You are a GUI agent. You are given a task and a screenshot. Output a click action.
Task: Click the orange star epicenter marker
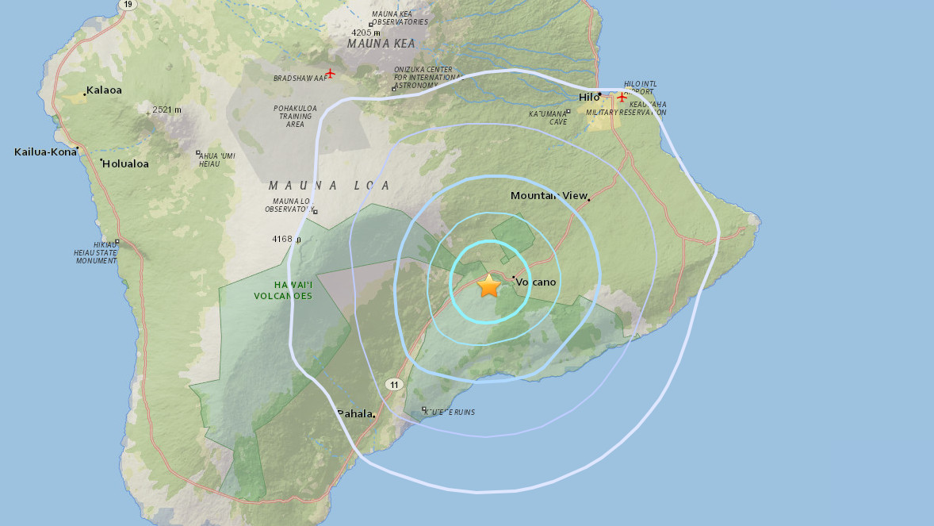[x=489, y=286]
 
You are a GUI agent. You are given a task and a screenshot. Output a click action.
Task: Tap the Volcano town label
[x=536, y=282]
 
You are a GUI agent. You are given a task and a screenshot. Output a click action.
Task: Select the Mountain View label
[x=549, y=195]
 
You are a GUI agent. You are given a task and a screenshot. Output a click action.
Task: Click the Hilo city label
[x=588, y=97]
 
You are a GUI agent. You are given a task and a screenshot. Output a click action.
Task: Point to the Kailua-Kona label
[x=45, y=151]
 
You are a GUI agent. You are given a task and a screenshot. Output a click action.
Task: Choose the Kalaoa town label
[x=104, y=90]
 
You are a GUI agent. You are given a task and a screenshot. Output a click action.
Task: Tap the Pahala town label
[x=354, y=413]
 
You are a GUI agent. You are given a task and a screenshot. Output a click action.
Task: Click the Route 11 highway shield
[x=395, y=384]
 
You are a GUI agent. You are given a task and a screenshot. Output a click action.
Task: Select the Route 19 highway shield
[x=127, y=4]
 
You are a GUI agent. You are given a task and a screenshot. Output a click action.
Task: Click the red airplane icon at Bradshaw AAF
[x=330, y=74]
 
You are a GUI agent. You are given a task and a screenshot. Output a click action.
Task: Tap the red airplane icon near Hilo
[x=622, y=97]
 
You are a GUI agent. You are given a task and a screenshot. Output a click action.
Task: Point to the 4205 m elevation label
[x=366, y=33]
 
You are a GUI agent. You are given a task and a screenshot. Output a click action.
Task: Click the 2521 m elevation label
[x=167, y=109]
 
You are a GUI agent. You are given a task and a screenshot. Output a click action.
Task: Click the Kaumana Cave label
[x=548, y=118]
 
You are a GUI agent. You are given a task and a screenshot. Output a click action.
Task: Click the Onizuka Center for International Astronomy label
[x=427, y=77]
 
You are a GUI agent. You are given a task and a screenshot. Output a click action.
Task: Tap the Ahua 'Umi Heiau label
[x=216, y=159]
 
